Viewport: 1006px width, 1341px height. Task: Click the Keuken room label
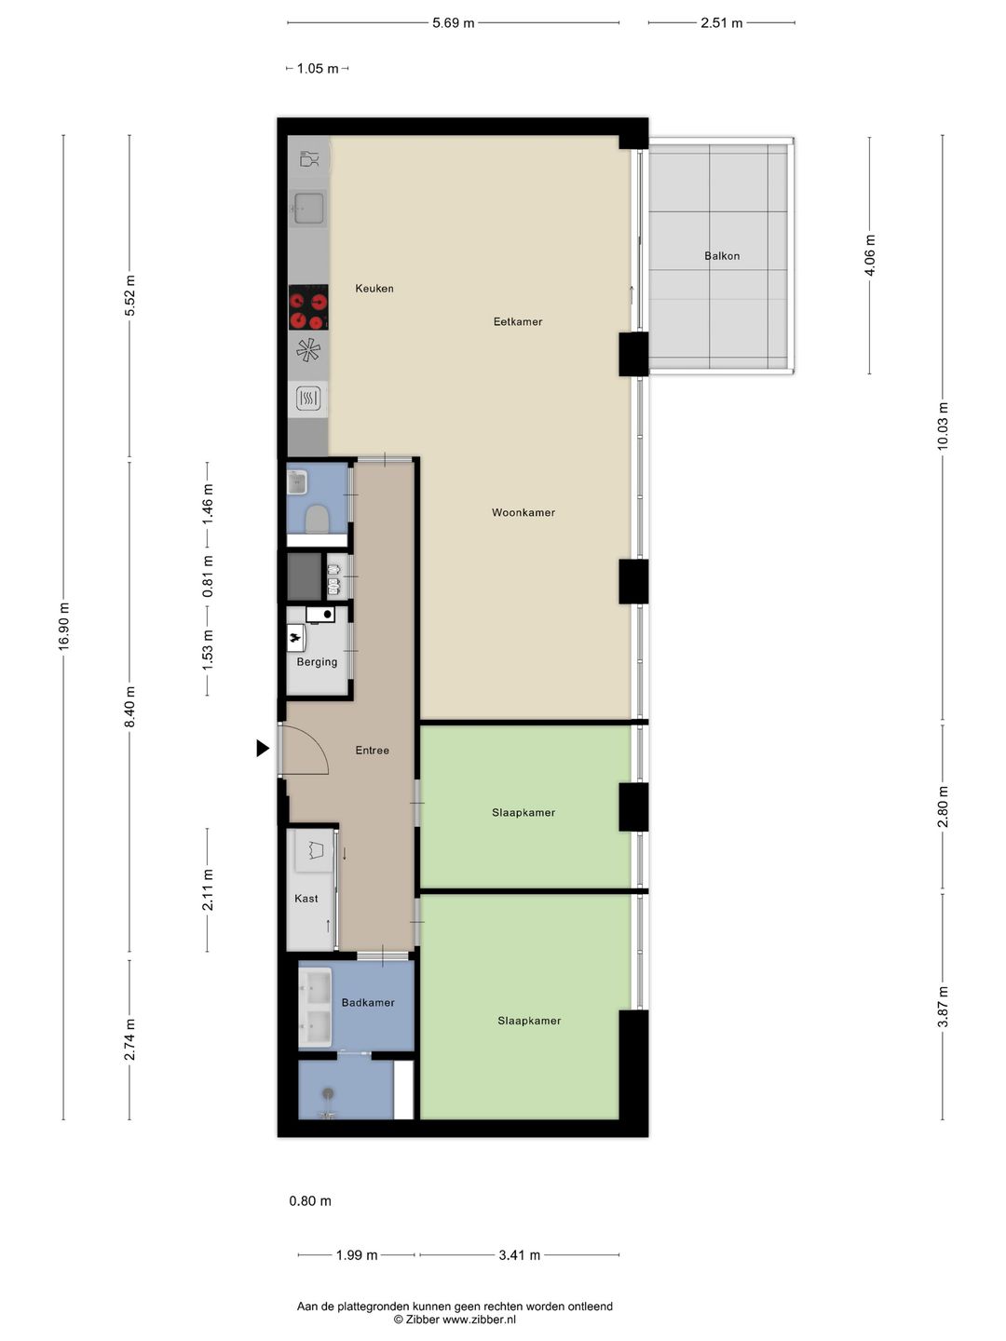374,289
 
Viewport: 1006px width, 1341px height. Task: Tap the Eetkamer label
518,321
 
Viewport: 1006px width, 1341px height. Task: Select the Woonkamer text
523,512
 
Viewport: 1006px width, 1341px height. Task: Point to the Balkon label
722,256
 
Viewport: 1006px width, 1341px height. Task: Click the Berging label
317,662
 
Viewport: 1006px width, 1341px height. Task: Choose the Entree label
372,751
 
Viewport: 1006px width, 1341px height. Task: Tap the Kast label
306,898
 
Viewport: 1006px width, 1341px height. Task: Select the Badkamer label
368,1003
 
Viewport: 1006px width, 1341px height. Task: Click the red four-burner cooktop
308,307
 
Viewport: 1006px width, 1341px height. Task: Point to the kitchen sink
307,209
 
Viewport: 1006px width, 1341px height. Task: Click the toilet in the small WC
317,520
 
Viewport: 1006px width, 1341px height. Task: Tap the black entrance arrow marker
263,749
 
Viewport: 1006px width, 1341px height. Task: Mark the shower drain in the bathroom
329,1093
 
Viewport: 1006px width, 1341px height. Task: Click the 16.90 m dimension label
63,626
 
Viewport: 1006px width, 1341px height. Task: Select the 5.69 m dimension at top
454,23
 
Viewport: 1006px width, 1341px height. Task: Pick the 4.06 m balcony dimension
870,255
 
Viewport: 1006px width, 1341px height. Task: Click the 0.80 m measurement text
310,1201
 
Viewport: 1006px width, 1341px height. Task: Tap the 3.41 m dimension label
519,1255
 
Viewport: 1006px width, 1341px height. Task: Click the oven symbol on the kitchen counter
307,399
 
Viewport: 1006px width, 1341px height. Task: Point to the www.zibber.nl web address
479,1320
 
